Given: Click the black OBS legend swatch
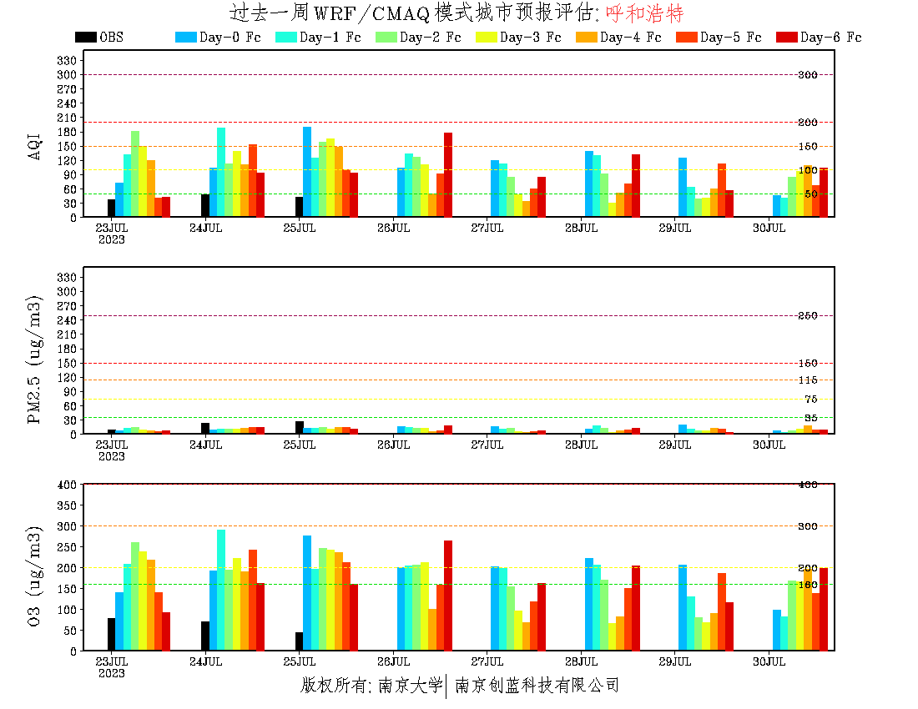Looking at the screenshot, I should [85, 38].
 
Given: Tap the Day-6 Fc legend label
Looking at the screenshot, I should [830, 38].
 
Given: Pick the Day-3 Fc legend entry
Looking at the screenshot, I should [530, 38].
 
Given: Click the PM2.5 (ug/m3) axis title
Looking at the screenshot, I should [34, 360].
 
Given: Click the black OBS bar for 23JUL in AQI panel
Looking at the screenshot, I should [111, 208].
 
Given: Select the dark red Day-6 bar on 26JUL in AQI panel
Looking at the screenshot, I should [448, 174].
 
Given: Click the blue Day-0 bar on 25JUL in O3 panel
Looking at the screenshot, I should [307, 592].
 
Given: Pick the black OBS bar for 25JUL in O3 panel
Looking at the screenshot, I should [299, 641].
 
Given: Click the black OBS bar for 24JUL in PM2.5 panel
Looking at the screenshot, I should [205, 429].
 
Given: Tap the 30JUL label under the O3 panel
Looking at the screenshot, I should [769, 661].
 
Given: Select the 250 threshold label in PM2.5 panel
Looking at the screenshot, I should [808, 316].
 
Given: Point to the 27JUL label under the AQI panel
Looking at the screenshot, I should [487, 228].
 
